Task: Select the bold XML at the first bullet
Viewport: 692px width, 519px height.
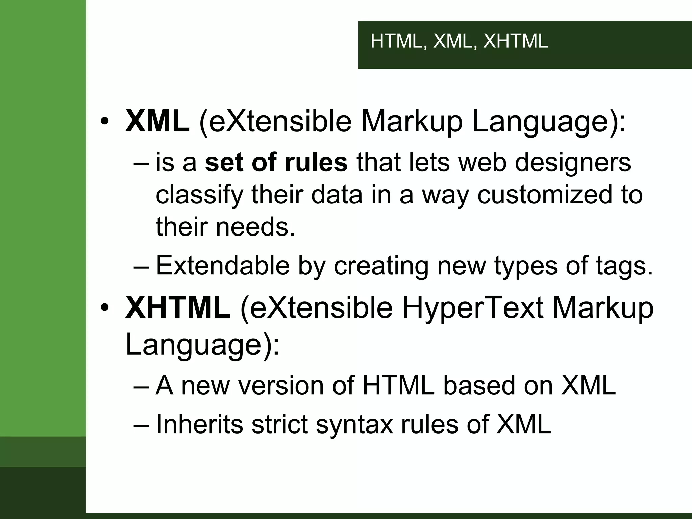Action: click(157, 121)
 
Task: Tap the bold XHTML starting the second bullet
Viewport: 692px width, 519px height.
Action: click(178, 307)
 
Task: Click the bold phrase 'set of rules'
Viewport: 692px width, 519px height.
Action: click(276, 163)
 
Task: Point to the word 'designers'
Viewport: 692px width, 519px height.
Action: click(573, 163)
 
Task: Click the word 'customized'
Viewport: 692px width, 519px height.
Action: click(545, 195)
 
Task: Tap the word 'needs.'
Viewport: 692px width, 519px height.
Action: click(255, 227)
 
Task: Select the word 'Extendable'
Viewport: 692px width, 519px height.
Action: click(223, 266)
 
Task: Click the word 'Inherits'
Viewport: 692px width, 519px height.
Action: click(199, 424)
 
